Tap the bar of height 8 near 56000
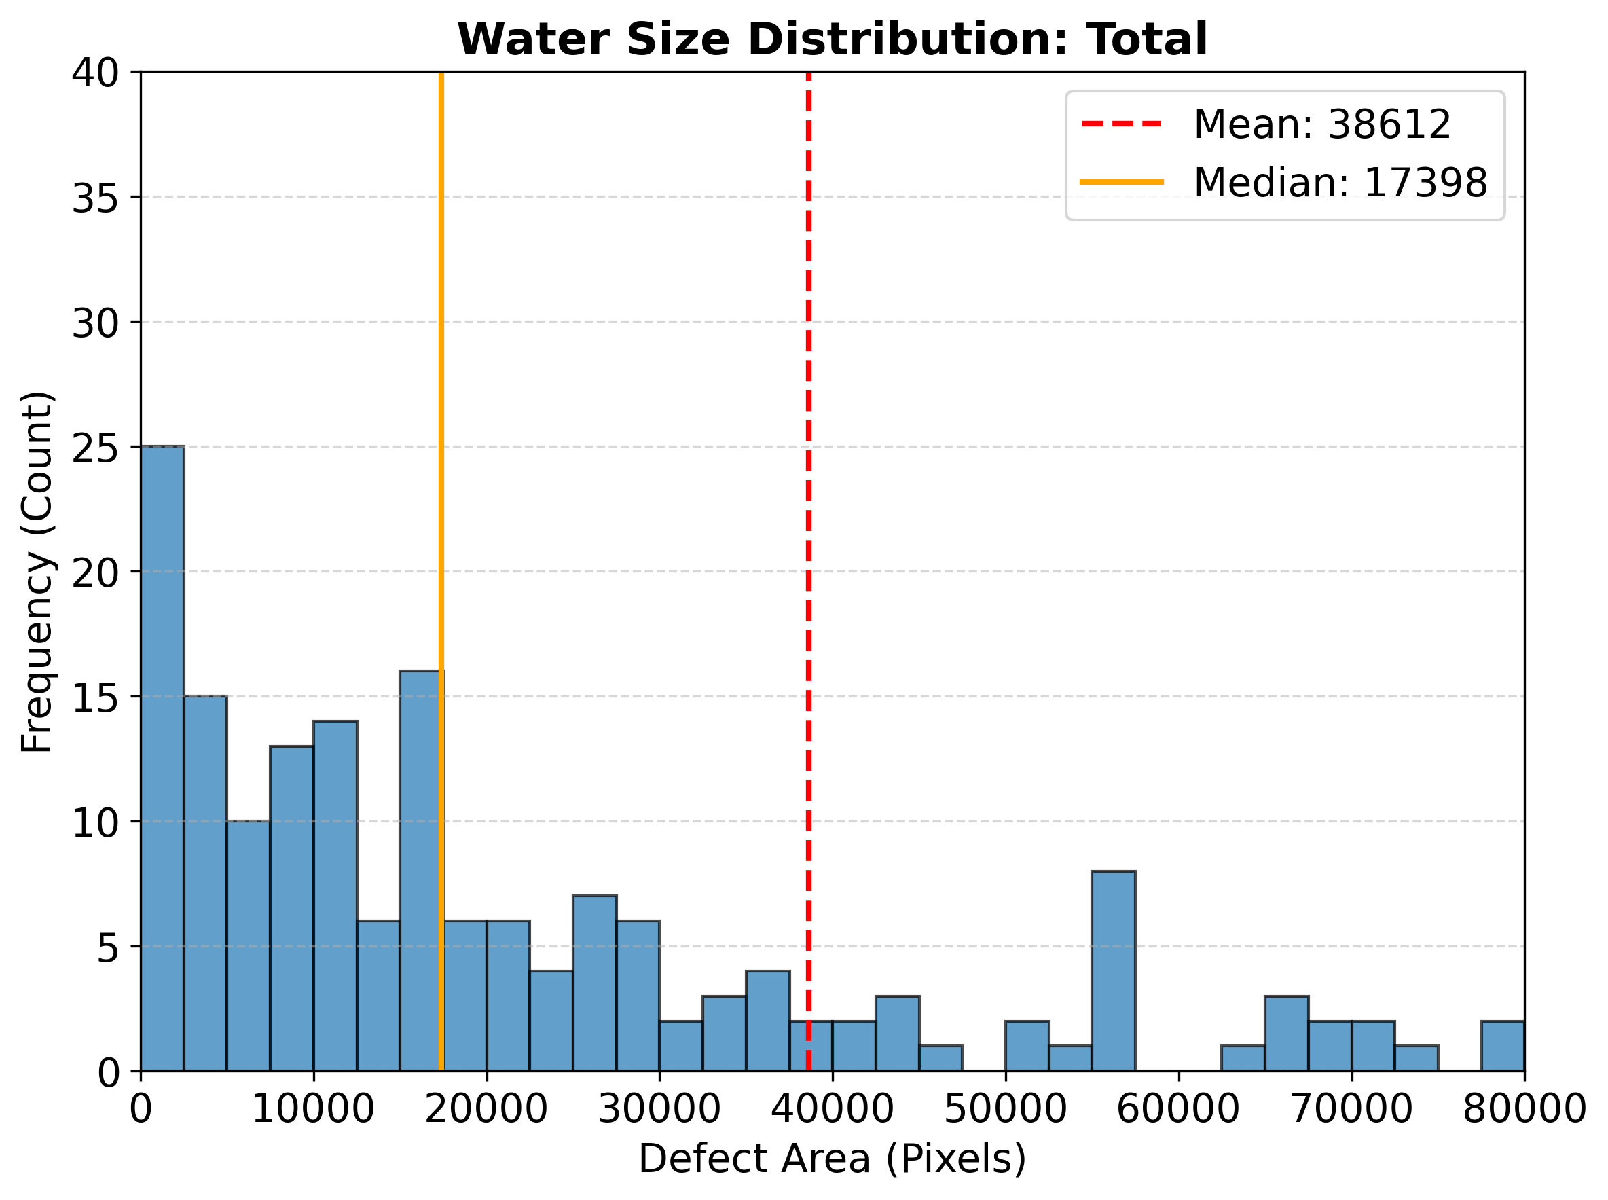point(1113,970)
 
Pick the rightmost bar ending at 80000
point(1502,1045)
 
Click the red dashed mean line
point(808,509)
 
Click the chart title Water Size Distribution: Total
point(832,39)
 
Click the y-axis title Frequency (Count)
point(36,572)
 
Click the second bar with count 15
point(205,883)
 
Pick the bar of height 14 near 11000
point(335,896)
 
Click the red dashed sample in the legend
point(1121,124)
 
